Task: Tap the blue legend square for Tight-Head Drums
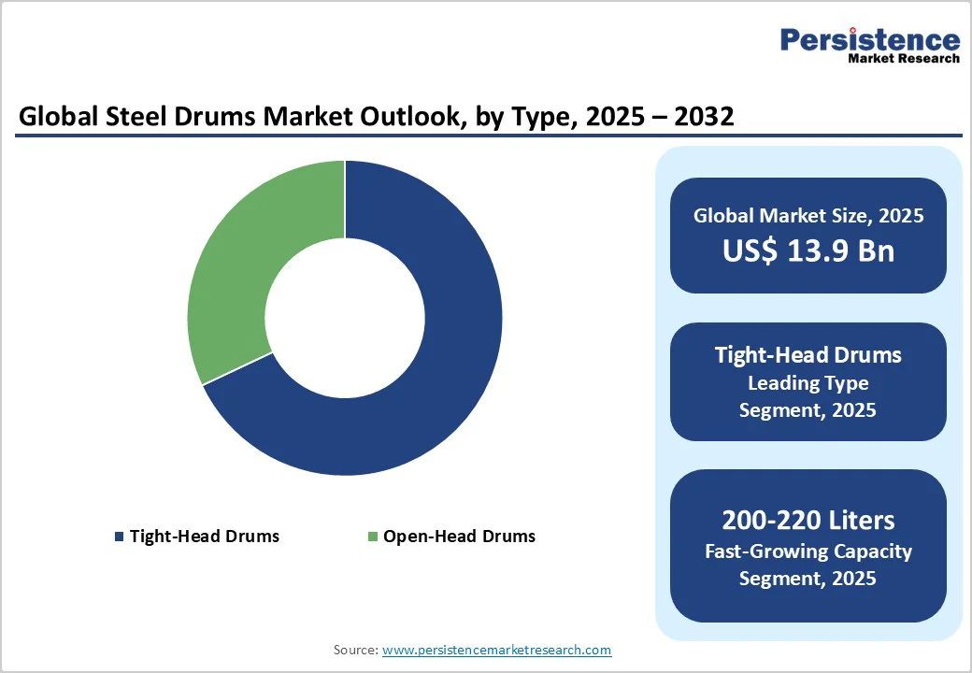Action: click(x=119, y=537)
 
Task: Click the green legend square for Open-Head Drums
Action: click(x=372, y=537)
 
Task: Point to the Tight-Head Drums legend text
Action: click(x=204, y=537)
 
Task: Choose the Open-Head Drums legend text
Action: click(x=459, y=537)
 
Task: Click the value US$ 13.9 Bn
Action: click(x=808, y=251)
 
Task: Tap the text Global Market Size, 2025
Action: click(x=808, y=216)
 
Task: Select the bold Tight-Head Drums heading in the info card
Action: click(x=808, y=355)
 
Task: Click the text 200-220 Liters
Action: click(x=808, y=520)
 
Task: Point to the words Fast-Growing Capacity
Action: click(x=808, y=551)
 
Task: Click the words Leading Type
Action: click(x=808, y=383)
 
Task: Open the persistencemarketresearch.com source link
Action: click(x=496, y=650)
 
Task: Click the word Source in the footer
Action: click(x=355, y=650)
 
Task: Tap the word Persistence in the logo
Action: click(x=869, y=39)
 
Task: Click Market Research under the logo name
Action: click(x=903, y=58)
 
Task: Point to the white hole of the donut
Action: click(x=345, y=318)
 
